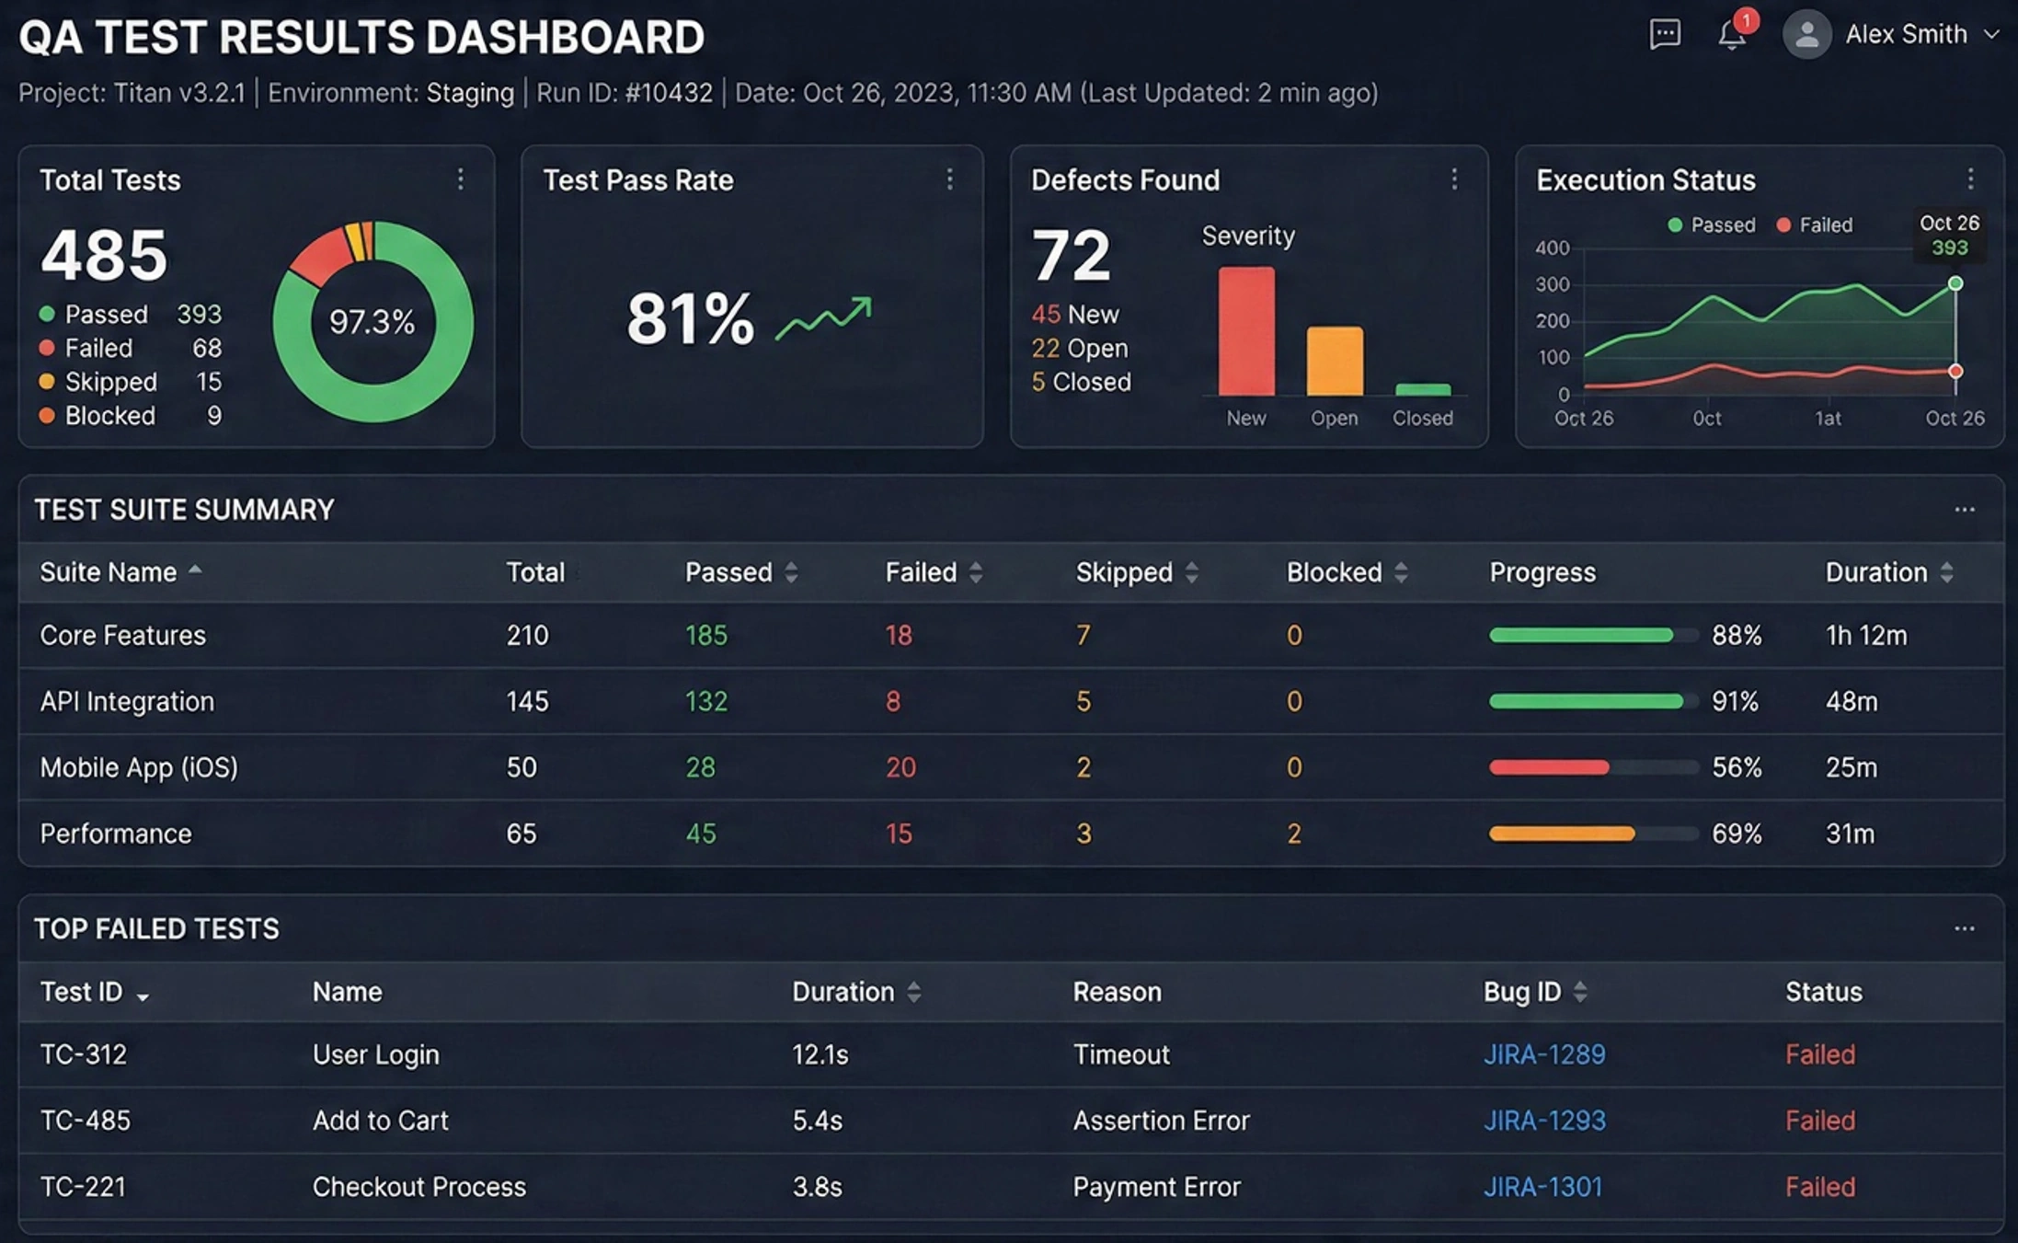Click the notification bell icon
1731,35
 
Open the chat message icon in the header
1665,35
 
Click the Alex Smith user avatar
1806,35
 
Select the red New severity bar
1246,331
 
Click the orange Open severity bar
1335,361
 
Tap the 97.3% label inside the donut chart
373,322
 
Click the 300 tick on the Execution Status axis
1553,284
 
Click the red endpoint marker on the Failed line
1955,371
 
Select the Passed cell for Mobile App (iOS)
700,767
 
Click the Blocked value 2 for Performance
1294,834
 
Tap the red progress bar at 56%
1549,767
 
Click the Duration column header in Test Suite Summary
1876,572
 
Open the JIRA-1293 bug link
1544,1121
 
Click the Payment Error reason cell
1156,1187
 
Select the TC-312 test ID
84,1054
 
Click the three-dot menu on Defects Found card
1454,178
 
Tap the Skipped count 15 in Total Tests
209,382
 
